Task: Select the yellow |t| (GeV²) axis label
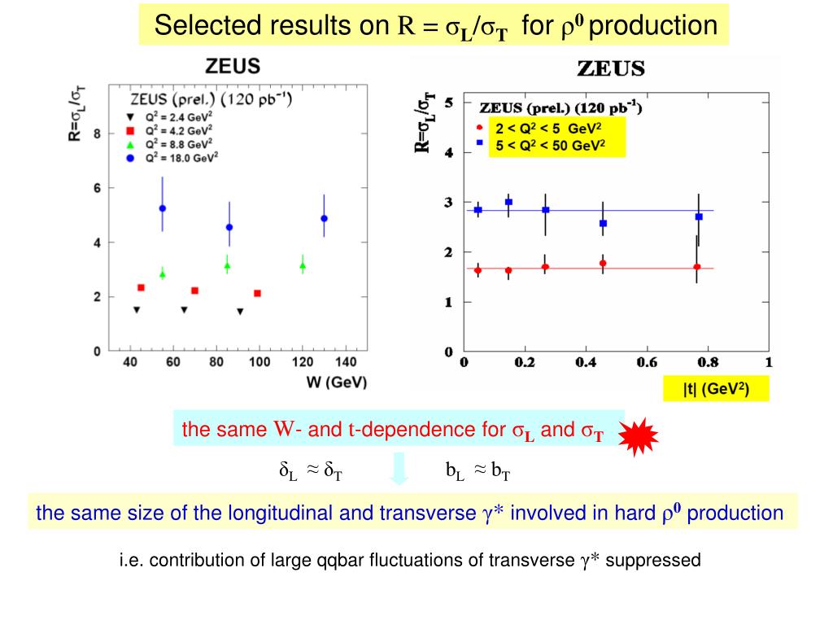click(x=715, y=390)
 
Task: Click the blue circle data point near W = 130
click(x=325, y=218)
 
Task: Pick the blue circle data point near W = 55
click(x=163, y=208)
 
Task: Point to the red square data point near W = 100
click(x=257, y=293)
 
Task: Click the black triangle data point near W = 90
click(x=240, y=312)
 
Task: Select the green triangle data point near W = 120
click(x=303, y=265)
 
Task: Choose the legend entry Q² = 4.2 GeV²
click(x=179, y=128)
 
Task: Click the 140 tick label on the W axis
click(x=346, y=362)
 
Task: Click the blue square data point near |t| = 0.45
click(x=603, y=223)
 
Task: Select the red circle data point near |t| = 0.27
click(x=545, y=267)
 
